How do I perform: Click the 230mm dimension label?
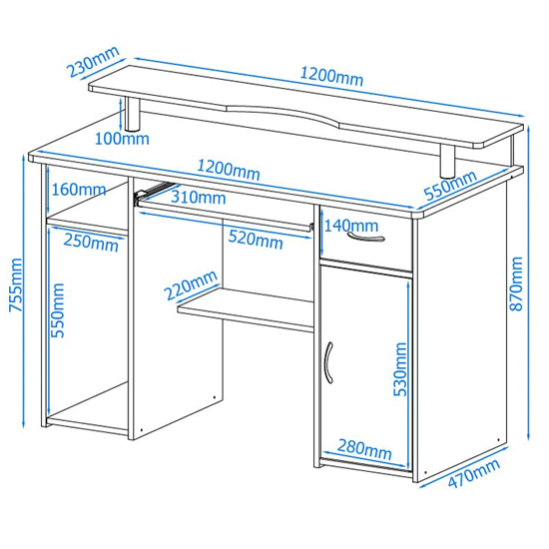(x=93, y=62)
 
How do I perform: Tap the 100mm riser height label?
(x=122, y=139)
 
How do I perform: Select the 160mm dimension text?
(x=79, y=190)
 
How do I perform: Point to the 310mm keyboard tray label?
(x=199, y=198)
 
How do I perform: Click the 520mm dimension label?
(x=256, y=240)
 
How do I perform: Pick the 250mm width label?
(x=91, y=242)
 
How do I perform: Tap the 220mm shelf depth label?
(x=192, y=285)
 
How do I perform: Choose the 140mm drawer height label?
(x=351, y=226)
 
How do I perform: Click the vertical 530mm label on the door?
(x=400, y=369)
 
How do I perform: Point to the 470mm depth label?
(x=474, y=473)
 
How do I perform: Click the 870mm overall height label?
(x=516, y=283)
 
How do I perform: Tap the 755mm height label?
(x=15, y=285)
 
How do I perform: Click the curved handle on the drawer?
(x=366, y=238)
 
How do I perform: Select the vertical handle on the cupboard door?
(x=328, y=362)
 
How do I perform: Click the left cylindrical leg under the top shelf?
(x=133, y=114)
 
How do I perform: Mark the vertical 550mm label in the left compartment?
(x=58, y=310)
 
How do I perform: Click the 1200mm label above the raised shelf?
(x=331, y=77)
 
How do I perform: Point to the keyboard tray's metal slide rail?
(x=153, y=192)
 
